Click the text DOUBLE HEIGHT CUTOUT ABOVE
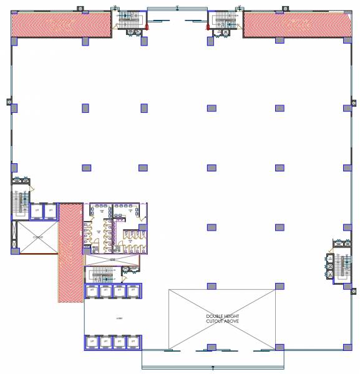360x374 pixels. coord(222,319)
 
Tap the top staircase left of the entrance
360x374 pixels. coord(130,18)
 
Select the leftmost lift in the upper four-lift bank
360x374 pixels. coord(92,291)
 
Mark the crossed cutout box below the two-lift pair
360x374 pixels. coord(37,237)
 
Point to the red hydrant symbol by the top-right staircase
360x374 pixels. coord(208,27)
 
